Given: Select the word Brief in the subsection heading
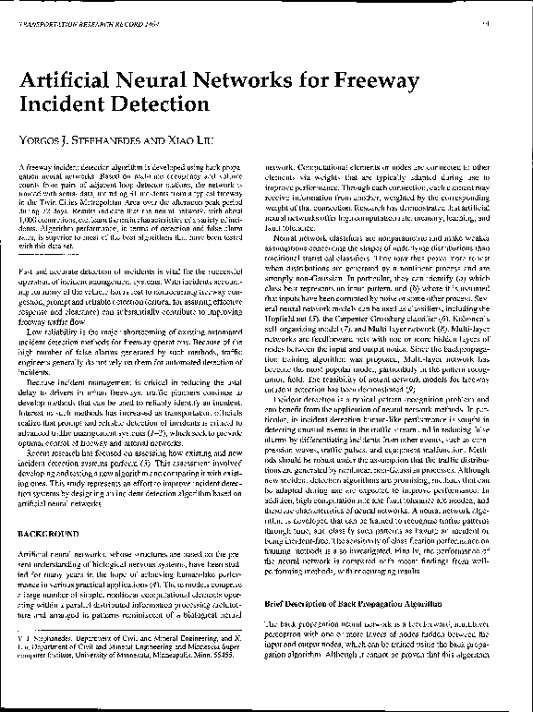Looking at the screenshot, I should click(x=277, y=603).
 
